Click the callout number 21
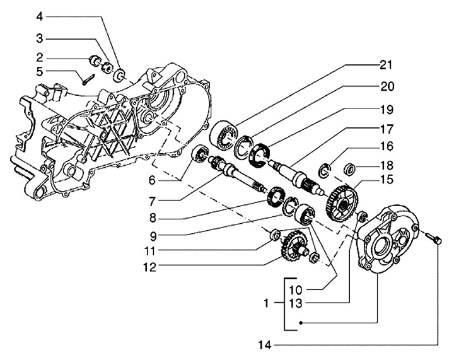pyautogui.click(x=386, y=66)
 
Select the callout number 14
pyautogui.click(x=265, y=345)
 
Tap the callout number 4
pyautogui.click(x=39, y=16)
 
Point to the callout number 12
pyautogui.click(x=150, y=267)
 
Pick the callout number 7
pyautogui.click(x=153, y=201)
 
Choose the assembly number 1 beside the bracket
pyautogui.click(x=266, y=303)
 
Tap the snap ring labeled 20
pyautogui.click(x=243, y=146)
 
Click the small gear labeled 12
pyautogui.click(x=292, y=245)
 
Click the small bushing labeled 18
pyautogui.click(x=350, y=169)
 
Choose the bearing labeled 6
pyautogui.click(x=201, y=153)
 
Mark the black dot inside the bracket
pyautogui.click(x=301, y=322)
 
